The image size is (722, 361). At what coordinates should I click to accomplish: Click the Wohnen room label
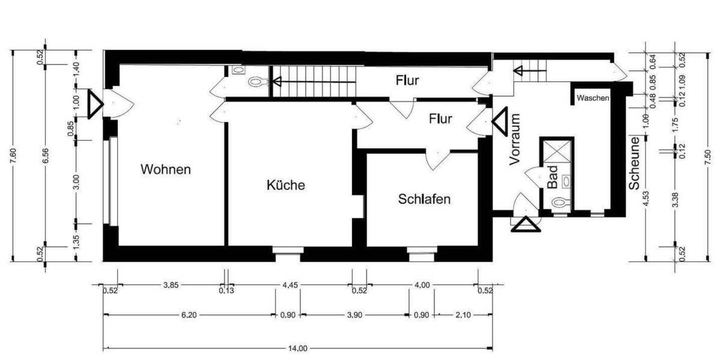click(165, 170)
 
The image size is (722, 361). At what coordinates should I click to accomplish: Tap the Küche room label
click(286, 185)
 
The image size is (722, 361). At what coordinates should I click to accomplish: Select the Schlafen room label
click(424, 200)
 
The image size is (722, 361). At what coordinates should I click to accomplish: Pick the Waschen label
click(593, 97)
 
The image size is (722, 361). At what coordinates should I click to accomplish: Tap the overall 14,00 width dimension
click(298, 348)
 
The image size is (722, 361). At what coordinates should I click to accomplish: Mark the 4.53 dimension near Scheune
click(646, 199)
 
